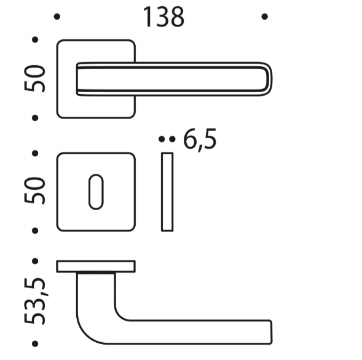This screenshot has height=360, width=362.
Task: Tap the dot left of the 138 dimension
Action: [57, 17]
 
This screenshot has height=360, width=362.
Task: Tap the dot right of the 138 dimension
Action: [264, 17]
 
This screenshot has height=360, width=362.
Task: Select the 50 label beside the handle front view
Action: [36, 79]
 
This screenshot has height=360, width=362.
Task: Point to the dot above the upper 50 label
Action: [35, 40]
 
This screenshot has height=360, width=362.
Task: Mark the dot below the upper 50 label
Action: [35, 117]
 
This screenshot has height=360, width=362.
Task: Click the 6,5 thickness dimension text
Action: [199, 140]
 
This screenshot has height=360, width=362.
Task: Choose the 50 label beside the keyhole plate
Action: [36, 191]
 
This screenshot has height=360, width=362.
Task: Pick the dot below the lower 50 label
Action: [35, 230]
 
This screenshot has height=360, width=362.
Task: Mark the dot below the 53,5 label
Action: [35, 345]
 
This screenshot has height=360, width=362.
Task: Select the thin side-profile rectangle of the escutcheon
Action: [167, 192]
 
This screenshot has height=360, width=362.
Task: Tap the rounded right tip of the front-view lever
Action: [267, 80]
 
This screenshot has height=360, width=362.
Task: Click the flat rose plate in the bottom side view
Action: [96, 266]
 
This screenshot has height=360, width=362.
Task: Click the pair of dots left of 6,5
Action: [164, 140]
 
